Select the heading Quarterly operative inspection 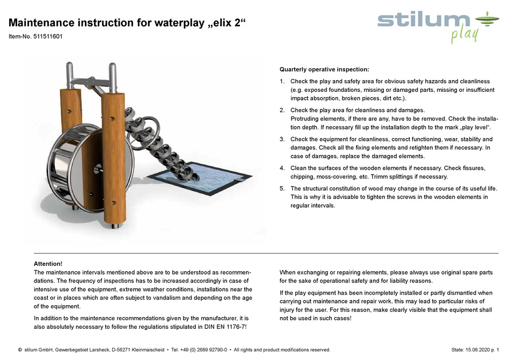pyautogui.click(x=324, y=70)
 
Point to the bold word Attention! pyautogui.click(x=48, y=264)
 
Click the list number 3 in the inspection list pyautogui.click(x=282, y=139)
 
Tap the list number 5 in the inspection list pyautogui.click(x=282, y=189)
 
